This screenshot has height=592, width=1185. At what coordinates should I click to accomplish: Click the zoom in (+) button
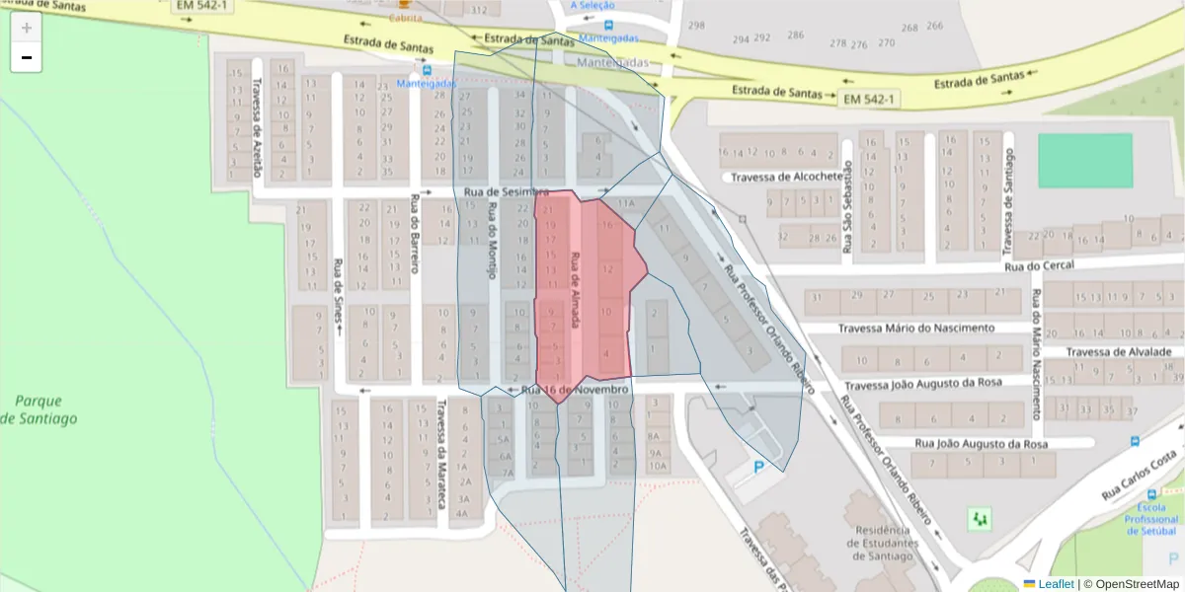[x=27, y=28]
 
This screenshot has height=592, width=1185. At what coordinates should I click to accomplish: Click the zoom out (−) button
[x=27, y=58]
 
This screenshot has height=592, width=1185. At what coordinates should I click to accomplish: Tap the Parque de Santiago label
[x=39, y=409]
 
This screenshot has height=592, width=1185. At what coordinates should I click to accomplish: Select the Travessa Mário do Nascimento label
[x=916, y=328]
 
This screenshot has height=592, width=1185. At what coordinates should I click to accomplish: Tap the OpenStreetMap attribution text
[x=1131, y=584]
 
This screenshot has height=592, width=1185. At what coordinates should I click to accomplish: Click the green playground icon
[x=980, y=518]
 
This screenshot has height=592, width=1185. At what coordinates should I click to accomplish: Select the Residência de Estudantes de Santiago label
[x=882, y=543]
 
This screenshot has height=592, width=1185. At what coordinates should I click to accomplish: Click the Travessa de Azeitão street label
[x=258, y=128]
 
